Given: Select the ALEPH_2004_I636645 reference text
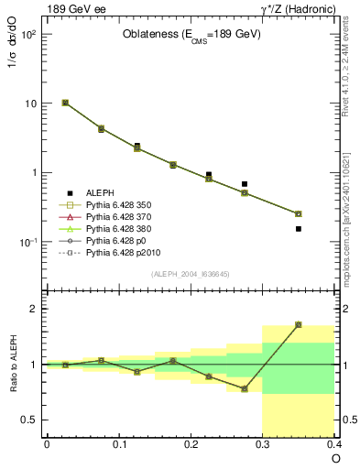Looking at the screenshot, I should pyautogui.click(x=191, y=274).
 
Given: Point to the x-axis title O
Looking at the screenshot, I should pyautogui.click(x=335, y=457).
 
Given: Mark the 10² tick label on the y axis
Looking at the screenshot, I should pyautogui.click(x=27, y=35).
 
